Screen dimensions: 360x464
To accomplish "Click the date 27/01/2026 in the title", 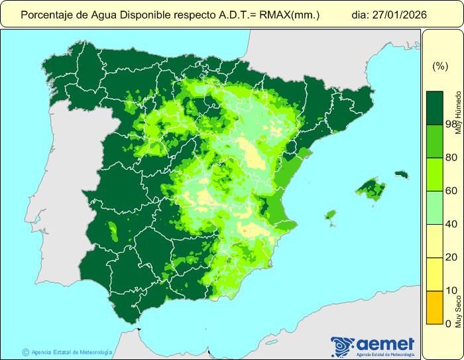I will (x=398, y=14).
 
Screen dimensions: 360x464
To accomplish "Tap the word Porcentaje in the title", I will (x=46, y=14).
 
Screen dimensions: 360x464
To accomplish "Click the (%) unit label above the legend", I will (x=440, y=66).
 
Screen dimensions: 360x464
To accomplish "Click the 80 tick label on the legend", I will (x=451, y=157).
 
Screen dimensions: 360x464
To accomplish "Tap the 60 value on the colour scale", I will (x=451, y=191).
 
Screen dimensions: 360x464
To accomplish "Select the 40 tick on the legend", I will (x=451, y=224).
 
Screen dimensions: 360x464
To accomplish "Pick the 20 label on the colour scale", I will (x=451, y=257).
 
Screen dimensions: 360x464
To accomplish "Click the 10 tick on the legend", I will (x=451, y=290).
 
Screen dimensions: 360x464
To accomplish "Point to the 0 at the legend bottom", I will (x=449, y=324).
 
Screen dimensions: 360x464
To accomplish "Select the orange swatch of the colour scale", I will (x=434, y=307).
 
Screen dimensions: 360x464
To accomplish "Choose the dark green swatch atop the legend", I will (x=434, y=107).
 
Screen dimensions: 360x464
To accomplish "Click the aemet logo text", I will (x=384, y=343).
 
